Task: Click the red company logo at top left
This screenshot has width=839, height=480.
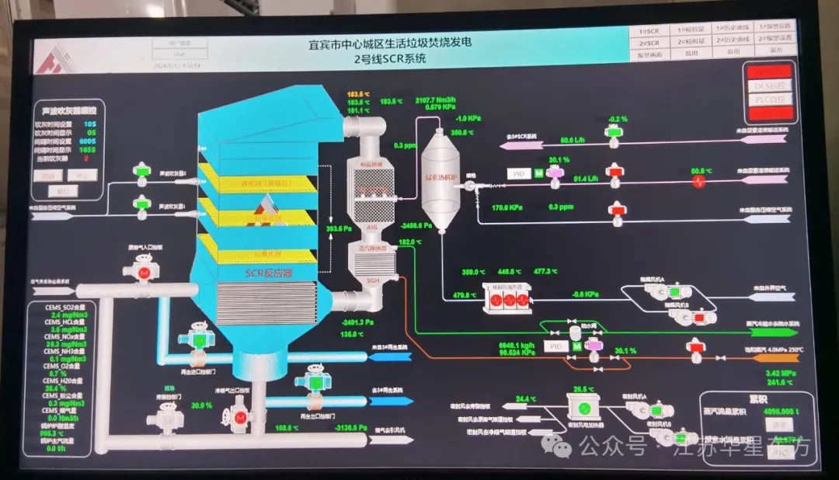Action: (57, 58)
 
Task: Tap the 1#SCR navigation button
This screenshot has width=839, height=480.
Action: (649, 30)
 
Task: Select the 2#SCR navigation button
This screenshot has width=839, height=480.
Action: (649, 42)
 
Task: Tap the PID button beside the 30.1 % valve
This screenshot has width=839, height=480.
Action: (519, 174)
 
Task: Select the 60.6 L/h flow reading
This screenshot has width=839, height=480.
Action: (572, 141)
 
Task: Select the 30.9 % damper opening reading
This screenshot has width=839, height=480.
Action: (201, 405)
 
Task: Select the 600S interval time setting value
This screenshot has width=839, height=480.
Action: (89, 141)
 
